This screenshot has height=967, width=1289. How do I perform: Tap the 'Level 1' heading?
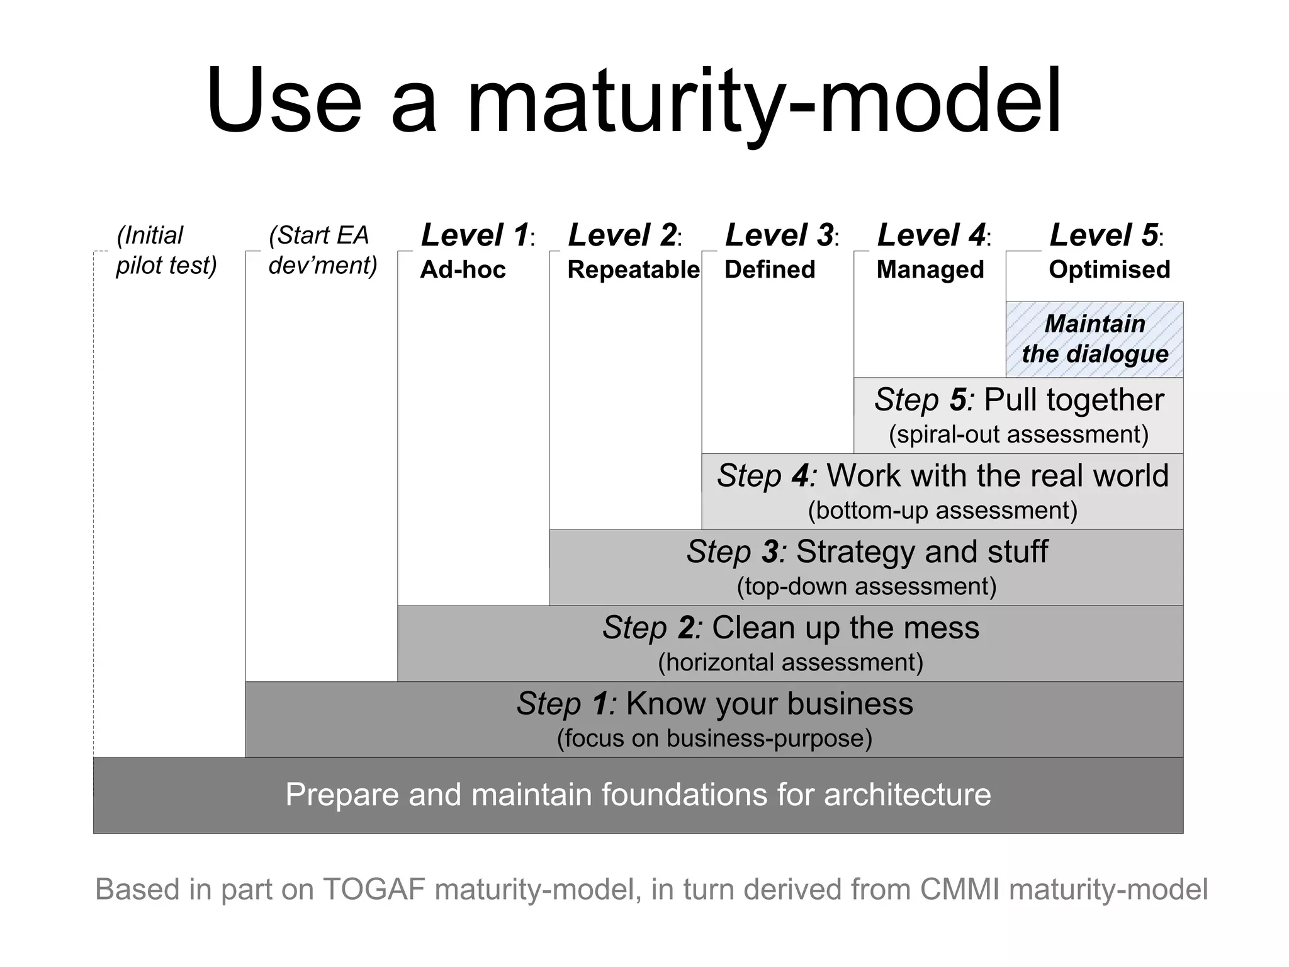[x=476, y=235]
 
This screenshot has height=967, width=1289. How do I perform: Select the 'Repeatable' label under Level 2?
[x=633, y=269]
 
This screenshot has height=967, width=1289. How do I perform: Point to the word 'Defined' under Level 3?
[x=769, y=269]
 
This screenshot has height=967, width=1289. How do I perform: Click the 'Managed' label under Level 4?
[x=930, y=269]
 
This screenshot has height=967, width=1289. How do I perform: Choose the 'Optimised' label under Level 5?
[x=1109, y=269]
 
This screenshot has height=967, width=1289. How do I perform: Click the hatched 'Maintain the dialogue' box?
[x=1095, y=339]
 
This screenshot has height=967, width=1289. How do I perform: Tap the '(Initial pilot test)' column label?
[x=166, y=250]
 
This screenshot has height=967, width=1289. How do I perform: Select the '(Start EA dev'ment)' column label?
[x=322, y=250]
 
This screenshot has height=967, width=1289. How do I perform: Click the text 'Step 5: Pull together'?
[x=1019, y=400]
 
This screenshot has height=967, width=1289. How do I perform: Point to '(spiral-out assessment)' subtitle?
[x=1018, y=434]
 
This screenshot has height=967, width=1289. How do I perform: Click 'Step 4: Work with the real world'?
[x=942, y=475]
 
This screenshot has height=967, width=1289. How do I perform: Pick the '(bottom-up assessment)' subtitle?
[x=942, y=511]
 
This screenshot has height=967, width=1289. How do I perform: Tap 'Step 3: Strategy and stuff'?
[x=867, y=551]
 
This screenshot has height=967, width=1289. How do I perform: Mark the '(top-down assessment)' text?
[x=867, y=587]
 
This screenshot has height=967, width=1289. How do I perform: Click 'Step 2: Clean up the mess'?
[x=791, y=628]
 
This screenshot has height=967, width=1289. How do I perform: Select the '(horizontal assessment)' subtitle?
[x=791, y=662]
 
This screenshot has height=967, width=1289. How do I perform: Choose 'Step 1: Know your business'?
[x=714, y=703]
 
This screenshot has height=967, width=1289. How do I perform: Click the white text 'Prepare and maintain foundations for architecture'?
[x=638, y=795]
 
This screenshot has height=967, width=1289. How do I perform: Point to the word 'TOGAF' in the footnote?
[x=374, y=890]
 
